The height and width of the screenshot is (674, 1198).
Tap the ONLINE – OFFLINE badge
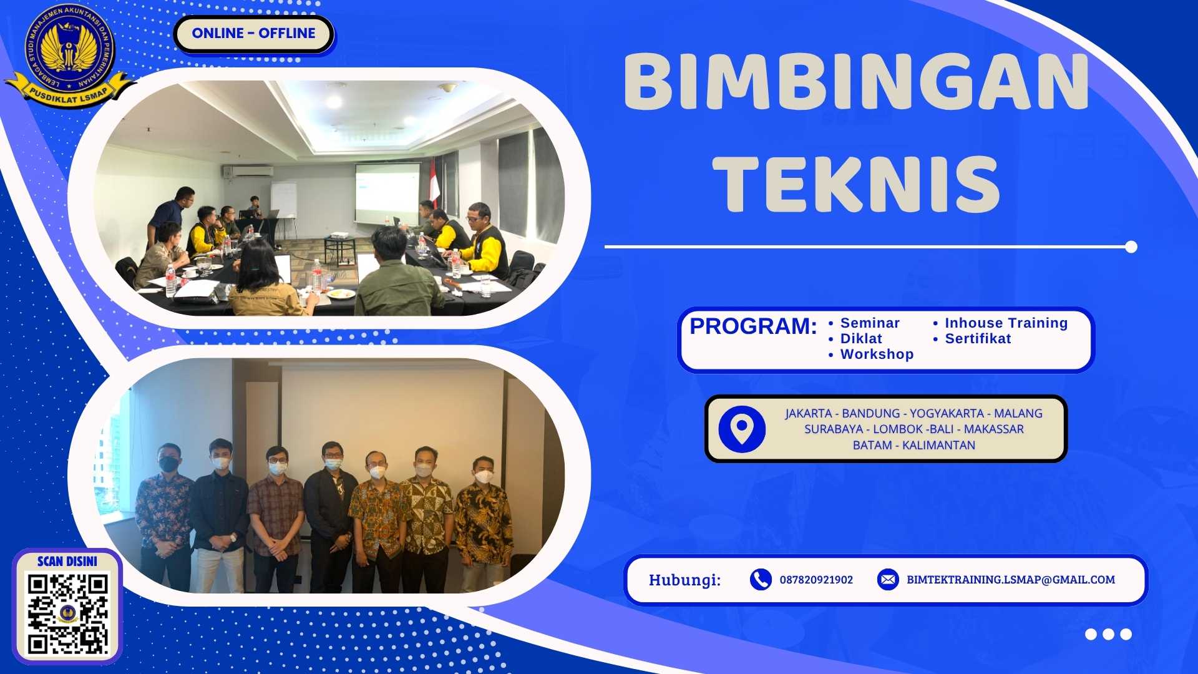[253, 34]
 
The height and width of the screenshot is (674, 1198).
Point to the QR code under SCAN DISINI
[68, 613]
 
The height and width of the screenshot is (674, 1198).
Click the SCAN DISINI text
[67, 561]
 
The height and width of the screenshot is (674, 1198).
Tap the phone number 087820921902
[816, 580]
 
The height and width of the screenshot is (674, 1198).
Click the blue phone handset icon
[761, 580]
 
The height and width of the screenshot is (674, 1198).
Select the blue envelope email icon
[887, 580]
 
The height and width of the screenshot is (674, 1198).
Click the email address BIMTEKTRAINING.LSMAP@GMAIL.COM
[1011, 580]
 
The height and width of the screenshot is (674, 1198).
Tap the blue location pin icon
[742, 429]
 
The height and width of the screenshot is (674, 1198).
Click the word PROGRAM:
[753, 326]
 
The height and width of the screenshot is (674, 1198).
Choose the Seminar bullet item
[870, 323]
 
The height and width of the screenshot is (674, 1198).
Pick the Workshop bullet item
[877, 354]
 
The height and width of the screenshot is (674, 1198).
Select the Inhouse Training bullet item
[1006, 323]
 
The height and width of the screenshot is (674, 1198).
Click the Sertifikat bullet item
[978, 339]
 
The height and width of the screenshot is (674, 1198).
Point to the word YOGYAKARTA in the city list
[947, 414]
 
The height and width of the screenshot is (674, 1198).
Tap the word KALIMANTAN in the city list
[938, 446]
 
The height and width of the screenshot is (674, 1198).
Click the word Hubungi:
[684, 580]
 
